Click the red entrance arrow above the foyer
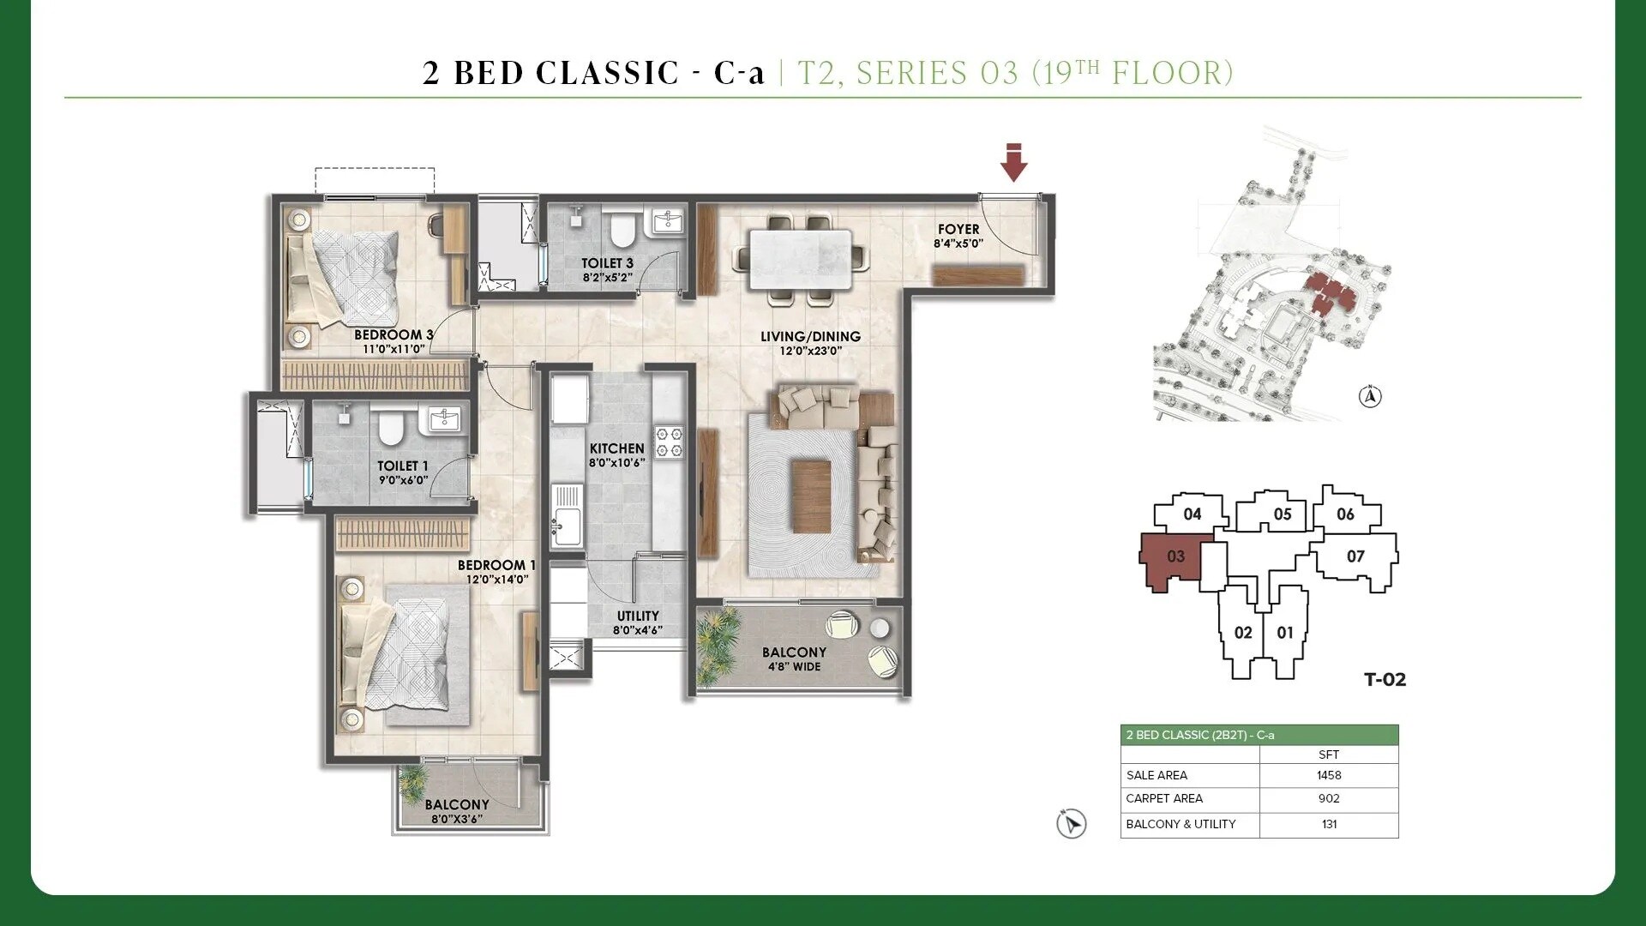[1014, 163]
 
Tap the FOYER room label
[958, 230]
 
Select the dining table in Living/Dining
[801, 259]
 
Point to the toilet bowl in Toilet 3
[621, 230]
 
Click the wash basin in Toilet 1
[444, 419]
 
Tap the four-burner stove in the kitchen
[669, 442]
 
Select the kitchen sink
[567, 519]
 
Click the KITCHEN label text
[616, 448]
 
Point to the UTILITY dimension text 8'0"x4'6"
[638, 631]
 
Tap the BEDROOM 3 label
[393, 334]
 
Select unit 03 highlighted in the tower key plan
[1175, 557]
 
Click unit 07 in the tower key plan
[1355, 556]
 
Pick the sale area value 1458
[1329, 775]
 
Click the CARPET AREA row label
[1164, 798]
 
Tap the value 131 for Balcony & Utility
[1329, 824]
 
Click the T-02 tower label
[1385, 680]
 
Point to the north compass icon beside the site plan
[1370, 397]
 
